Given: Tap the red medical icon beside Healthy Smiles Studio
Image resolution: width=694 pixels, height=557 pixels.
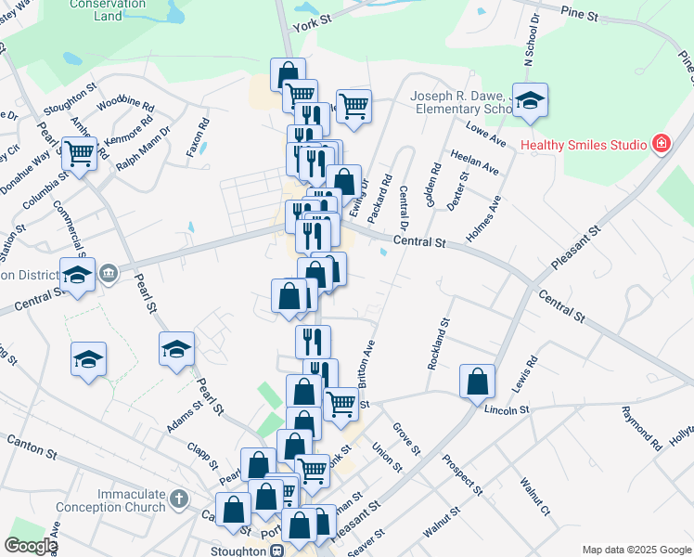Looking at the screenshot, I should tap(661, 144).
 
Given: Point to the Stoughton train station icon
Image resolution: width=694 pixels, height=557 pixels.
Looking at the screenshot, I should tap(276, 551).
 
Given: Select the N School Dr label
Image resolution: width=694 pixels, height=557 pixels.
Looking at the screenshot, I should tap(531, 41).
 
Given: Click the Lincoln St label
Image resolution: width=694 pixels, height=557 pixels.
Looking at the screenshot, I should tap(505, 409).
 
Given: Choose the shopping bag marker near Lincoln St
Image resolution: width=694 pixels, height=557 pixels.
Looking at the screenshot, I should tap(476, 382).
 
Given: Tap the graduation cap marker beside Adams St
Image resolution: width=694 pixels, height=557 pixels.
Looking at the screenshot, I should tap(176, 350).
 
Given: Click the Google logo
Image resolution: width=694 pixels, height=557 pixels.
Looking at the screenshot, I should tap(31, 547).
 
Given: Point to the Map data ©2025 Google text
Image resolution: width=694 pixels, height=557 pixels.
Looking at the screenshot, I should tap(636, 550).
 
